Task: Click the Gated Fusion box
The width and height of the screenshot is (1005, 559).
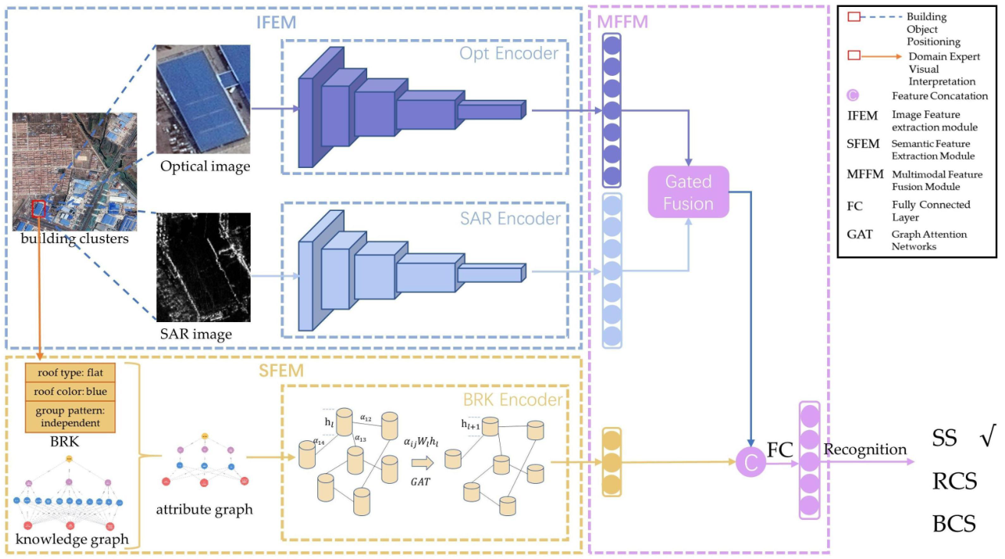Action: click(x=688, y=192)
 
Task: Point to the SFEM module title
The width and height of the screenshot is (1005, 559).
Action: click(x=281, y=371)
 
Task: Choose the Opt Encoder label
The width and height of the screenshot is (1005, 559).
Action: click(x=509, y=54)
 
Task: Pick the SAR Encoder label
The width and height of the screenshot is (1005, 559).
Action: click(x=509, y=219)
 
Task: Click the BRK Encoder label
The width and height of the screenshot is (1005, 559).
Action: click(x=513, y=400)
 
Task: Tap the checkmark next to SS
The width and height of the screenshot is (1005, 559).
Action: click(x=987, y=438)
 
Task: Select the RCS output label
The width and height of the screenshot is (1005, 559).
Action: click(x=954, y=481)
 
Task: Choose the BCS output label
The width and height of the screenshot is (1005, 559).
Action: click(x=954, y=524)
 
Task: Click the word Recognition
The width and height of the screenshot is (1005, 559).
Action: click(x=865, y=449)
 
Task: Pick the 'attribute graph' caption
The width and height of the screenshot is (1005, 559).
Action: click(x=204, y=509)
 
